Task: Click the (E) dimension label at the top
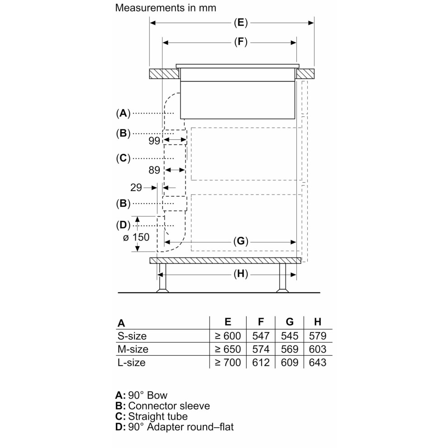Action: [241, 23]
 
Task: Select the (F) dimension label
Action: [241, 42]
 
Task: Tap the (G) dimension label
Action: [241, 242]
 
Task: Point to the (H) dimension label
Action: [241, 274]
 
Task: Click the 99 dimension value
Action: [154, 141]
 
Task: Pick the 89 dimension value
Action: [154, 170]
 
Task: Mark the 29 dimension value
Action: [136, 188]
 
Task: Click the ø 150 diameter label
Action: [136, 237]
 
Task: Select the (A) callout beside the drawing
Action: [123, 113]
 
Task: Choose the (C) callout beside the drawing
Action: [123, 158]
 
